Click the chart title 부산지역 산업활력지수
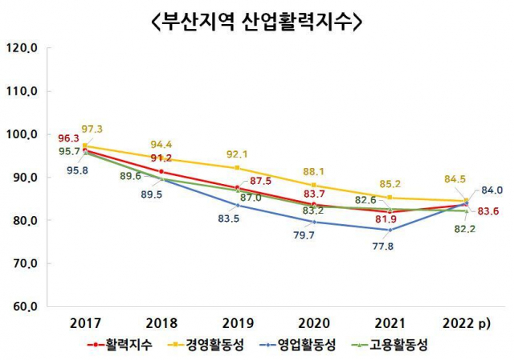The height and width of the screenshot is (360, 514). point(256,21)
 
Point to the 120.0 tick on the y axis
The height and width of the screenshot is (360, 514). point(22,48)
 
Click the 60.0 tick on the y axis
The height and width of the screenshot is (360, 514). point(22,306)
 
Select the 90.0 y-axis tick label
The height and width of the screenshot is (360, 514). point(22,178)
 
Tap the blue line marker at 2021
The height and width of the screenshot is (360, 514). point(389,230)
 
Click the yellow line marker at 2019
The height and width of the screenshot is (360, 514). point(237,168)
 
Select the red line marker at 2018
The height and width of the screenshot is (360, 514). point(161,172)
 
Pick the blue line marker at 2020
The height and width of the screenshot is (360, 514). point(313,222)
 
